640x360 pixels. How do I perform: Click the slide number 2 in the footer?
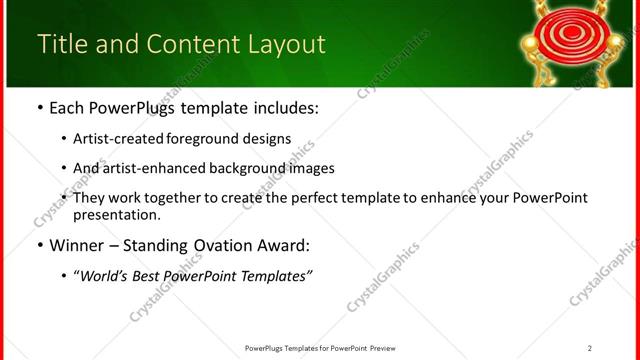[x=589, y=348]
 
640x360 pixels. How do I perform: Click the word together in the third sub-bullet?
[x=169, y=198]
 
